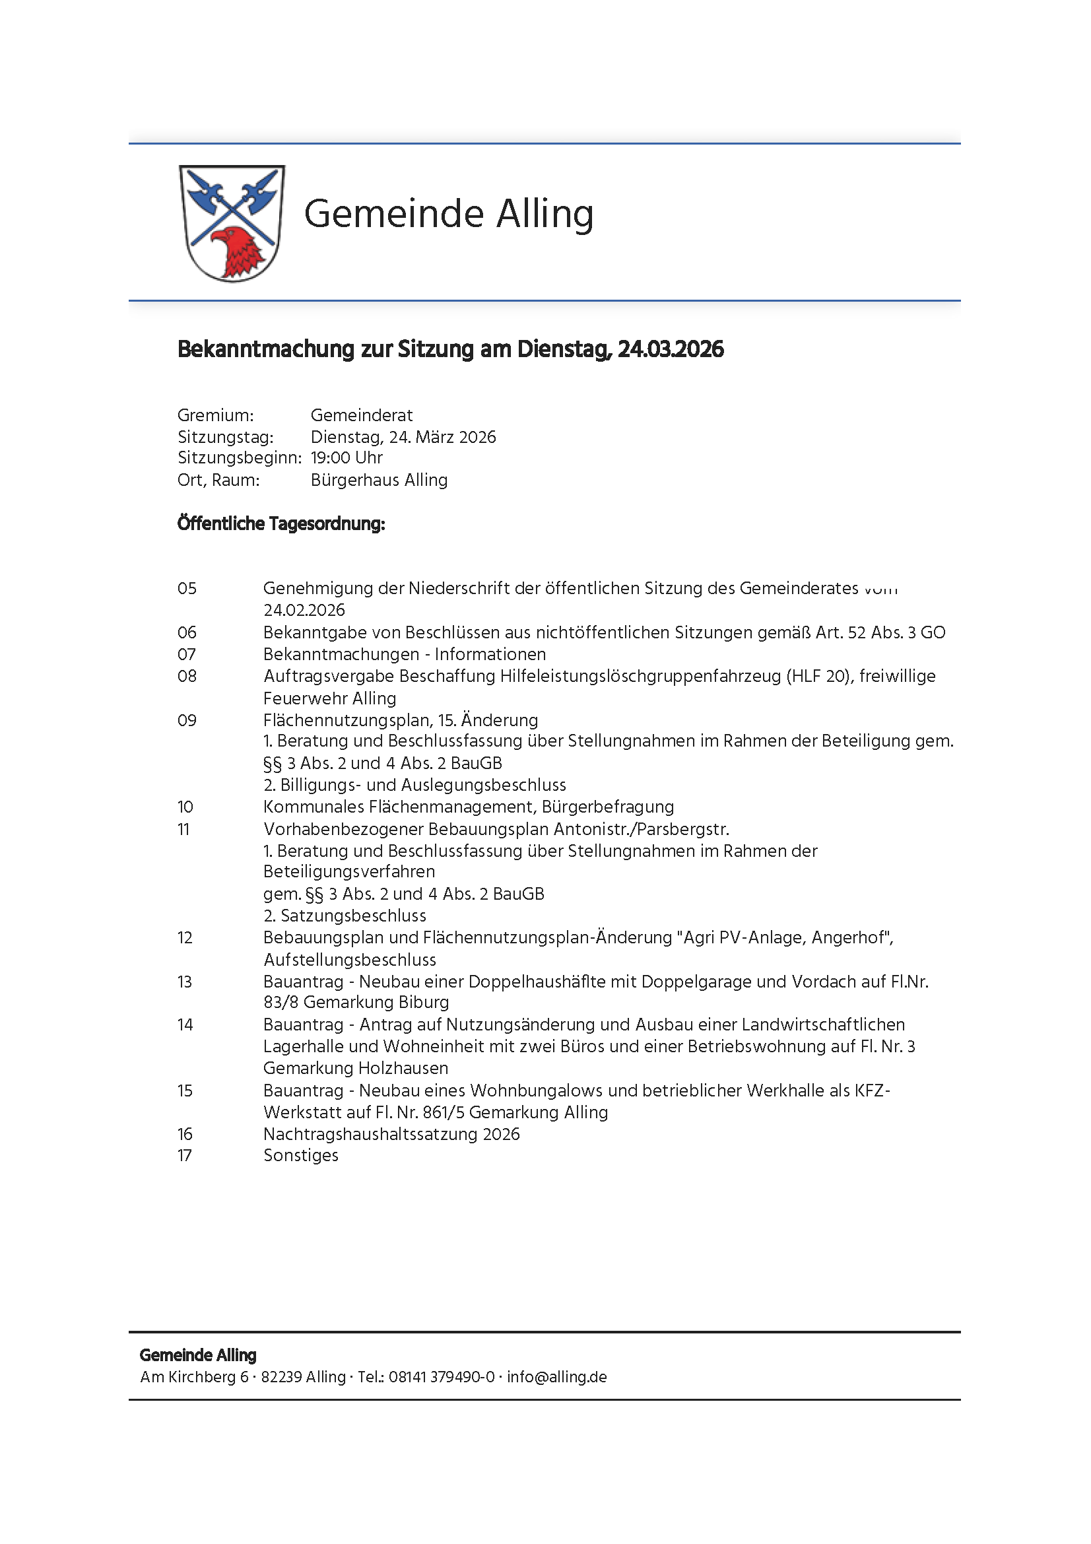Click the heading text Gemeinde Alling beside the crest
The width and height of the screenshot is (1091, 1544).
[448, 214]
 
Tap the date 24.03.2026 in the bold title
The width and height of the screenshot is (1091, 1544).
[670, 350]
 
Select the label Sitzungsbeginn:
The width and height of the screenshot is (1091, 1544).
[240, 458]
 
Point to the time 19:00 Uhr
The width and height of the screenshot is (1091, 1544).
[347, 458]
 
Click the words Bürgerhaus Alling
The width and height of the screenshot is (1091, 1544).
[378, 480]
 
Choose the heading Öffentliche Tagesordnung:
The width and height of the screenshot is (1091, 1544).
[281, 524]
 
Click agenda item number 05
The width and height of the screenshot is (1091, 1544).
[187, 589]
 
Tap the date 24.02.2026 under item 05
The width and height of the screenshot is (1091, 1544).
[304, 611]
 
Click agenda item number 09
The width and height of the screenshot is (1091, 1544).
[187, 721]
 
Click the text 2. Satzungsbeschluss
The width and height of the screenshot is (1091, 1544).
[344, 916]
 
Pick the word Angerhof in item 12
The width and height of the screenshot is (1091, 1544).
[850, 938]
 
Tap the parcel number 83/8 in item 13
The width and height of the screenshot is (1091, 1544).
[281, 1003]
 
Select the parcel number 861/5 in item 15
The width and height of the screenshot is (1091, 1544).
[444, 1113]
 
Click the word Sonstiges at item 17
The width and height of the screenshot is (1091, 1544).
[300, 1156]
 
